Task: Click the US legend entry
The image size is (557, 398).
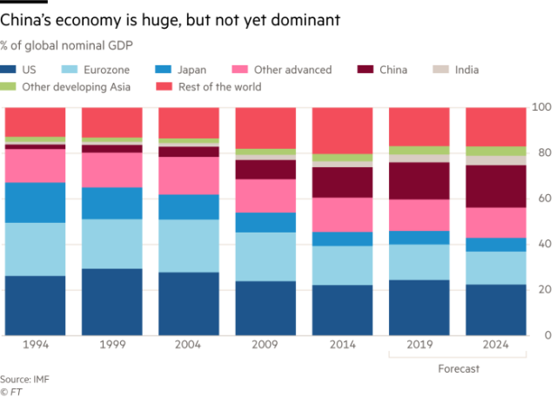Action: click(25, 70)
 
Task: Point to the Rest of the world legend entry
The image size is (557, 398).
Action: click(212, 87)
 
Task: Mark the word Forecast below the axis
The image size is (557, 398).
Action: click(457, 368)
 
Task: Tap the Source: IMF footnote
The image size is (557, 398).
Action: click(23, 379)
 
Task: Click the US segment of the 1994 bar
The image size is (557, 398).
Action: click(35, 305)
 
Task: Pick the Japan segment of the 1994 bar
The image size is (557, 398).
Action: click(35, 202)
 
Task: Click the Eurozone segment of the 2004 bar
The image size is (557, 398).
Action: click(189, 246)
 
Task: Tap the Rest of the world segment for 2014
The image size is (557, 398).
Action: click(342, 132)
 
